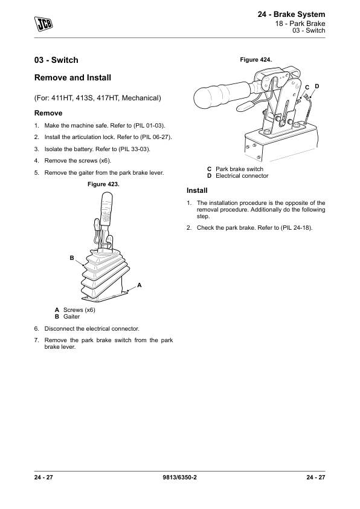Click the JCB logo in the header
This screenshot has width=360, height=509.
coord(43,24)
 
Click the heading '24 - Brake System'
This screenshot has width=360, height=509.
coord(291,15)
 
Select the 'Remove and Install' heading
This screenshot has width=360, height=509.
coord(72,78)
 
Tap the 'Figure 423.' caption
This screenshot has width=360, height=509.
coord(103,184)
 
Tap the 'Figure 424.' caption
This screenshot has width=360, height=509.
coord(256,60)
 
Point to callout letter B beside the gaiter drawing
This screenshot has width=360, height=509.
coord(72,258)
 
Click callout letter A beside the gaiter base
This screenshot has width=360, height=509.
coord(139,285)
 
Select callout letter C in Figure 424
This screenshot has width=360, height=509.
coord(307,88)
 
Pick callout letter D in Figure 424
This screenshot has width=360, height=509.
coord(317,86)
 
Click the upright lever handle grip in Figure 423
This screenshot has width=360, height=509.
coord(106,208)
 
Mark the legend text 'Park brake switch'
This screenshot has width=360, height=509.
coord(239,169)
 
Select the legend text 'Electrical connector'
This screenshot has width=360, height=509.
coord(242,176)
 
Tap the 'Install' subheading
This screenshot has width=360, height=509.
coord(197,190)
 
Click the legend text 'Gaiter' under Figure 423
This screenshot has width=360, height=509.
coord(71,317)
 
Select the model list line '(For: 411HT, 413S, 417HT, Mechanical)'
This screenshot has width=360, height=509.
coord(98,98)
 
